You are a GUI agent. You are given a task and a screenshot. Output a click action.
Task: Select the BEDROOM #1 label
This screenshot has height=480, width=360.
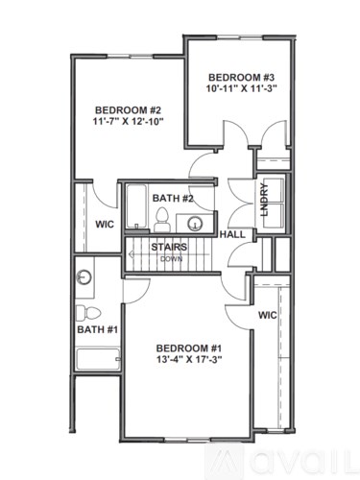coord(189,347)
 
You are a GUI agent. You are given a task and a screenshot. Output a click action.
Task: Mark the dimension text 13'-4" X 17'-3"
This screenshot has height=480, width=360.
coord(189,360)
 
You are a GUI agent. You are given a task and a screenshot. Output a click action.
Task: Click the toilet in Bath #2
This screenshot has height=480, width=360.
coord(162,217)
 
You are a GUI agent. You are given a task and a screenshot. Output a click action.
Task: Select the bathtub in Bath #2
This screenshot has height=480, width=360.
coord(135,206)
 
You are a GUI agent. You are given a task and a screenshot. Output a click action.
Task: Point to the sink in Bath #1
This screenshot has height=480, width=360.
coord(84,277)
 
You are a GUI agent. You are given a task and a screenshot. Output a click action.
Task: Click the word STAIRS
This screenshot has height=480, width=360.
coord(168,247)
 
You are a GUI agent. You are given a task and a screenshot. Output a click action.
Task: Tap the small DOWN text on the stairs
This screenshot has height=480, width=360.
coord(171,259)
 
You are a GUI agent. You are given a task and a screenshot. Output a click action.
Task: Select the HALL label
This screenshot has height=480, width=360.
coord(231,233)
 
